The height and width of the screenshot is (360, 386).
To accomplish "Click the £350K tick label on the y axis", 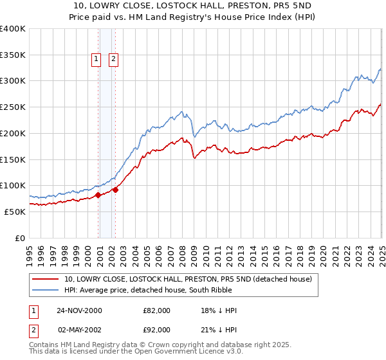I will (13, 55).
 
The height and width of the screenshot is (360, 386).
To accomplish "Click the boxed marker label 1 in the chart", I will (96, 60).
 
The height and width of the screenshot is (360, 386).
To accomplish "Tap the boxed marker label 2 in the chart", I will (113, 60).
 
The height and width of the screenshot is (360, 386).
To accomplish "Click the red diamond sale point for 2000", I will (98, 195).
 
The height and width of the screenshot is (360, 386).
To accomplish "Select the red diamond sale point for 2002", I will (115, 190).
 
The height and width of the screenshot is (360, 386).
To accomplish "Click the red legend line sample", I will (45, 279).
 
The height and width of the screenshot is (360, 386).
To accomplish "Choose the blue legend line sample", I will (45, 290).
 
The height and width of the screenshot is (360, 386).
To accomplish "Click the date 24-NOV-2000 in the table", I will (79, 310).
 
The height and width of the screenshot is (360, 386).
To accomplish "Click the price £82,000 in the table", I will (157, 310).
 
